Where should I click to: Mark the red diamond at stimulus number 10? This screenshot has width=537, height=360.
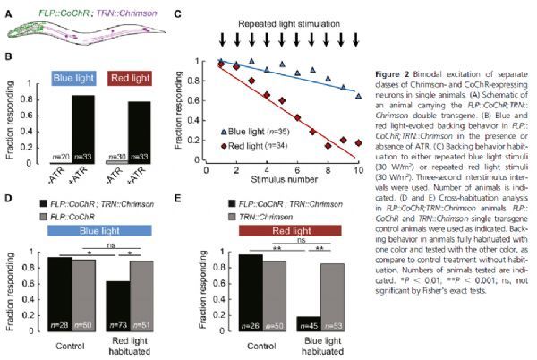pyautogui.click(x=358, y=142)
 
